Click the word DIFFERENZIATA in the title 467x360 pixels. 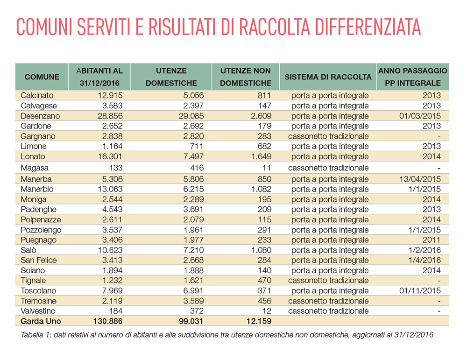368,27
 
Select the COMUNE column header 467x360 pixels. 42,77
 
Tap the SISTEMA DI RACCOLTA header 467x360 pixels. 328,77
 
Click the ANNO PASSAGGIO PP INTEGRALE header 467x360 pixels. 412,77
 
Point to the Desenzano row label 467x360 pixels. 40,116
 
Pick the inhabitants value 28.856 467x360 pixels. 110,116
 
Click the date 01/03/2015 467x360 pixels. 420,116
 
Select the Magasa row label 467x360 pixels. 35,168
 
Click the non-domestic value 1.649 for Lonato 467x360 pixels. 261,156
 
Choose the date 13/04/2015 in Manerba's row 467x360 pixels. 420,179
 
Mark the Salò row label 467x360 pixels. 28,250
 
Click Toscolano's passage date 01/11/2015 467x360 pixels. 420,290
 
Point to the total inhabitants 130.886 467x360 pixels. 108,321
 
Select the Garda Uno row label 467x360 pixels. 41,321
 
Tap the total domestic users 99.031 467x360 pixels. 191,321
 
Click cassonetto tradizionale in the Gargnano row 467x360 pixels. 328,136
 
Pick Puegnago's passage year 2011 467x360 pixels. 432,240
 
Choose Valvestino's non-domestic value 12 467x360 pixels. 267,311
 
